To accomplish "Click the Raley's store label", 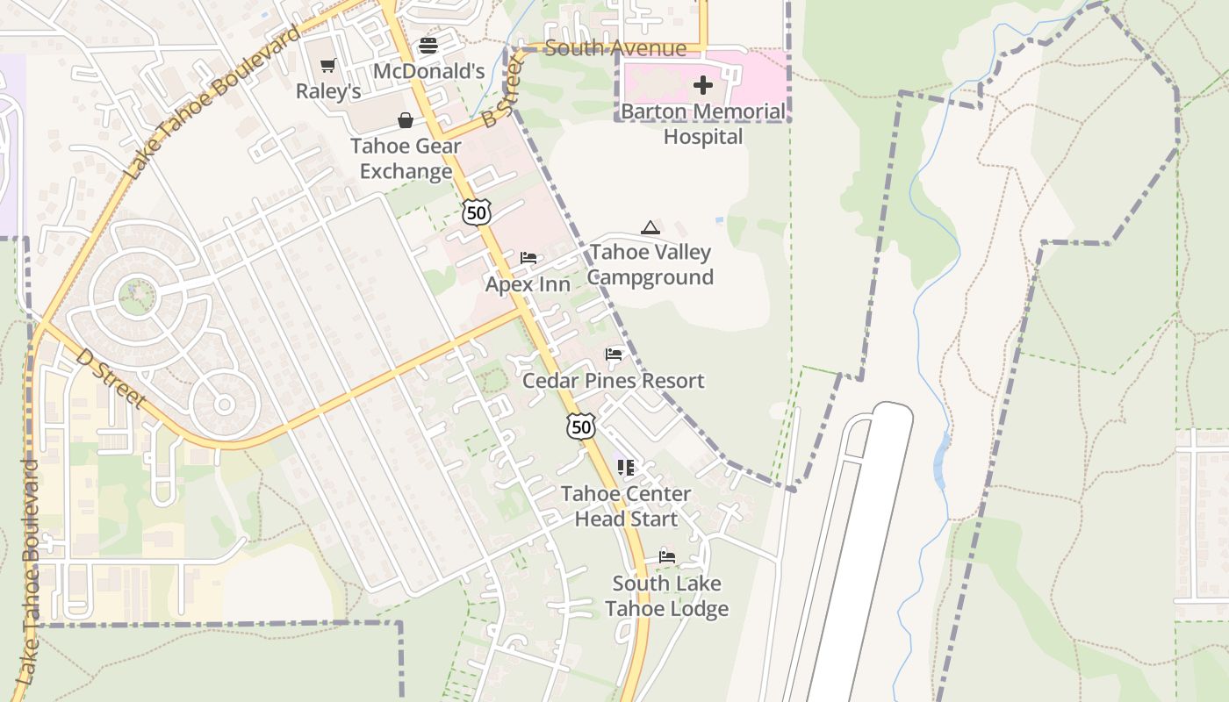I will coord(328,91).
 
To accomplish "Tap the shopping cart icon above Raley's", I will coord(328,65).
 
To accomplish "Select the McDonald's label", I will coord(428,71).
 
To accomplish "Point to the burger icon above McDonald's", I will coord(428,45).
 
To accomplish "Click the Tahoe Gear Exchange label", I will coord(406,158).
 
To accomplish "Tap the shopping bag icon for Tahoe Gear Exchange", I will coord(406,120).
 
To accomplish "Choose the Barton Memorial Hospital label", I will coord(703,124).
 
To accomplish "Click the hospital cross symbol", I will coord(703,85).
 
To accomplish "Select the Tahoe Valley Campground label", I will coord(650,264).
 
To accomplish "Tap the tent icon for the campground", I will coord(650,228).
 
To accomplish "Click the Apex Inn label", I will coord(528,284).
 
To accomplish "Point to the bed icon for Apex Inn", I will coord(528,258).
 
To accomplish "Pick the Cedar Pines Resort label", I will coord(613,381).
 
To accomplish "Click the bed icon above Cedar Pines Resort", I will coord(614,355).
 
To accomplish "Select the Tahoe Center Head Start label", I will coord(626,506).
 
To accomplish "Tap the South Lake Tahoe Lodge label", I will coord(666,596).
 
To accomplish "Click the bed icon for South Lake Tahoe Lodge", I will coord(667,556).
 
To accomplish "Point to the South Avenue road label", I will coord(614,47).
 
